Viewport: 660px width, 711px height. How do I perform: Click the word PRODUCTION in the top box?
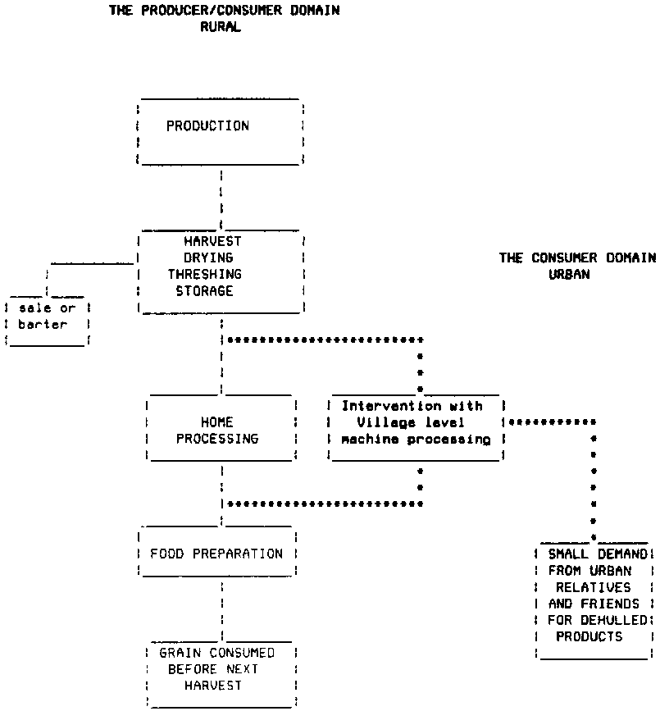[x=207, y=126]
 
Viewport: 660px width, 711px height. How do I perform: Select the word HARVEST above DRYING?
[x=212, y=241]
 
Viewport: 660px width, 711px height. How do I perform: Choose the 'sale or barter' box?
[x=47, y=317]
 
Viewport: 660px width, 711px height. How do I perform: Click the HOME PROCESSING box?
[x=217, y=431]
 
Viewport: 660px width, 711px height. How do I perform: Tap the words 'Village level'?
[x=411, y=422]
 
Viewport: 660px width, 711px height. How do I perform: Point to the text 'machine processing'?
[x=416, y=440]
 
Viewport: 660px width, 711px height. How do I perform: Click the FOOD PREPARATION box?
[x=216, y=554]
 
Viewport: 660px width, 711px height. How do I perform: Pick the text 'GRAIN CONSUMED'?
[x=216, y=653]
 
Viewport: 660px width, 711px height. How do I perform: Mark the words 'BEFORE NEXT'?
[x=213, y=669]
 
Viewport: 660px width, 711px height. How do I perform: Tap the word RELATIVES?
[x=594, y=587]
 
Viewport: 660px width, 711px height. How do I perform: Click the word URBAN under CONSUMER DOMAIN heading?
[x=569, y=275]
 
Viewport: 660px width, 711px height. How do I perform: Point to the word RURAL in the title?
[x=221, y=27]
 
